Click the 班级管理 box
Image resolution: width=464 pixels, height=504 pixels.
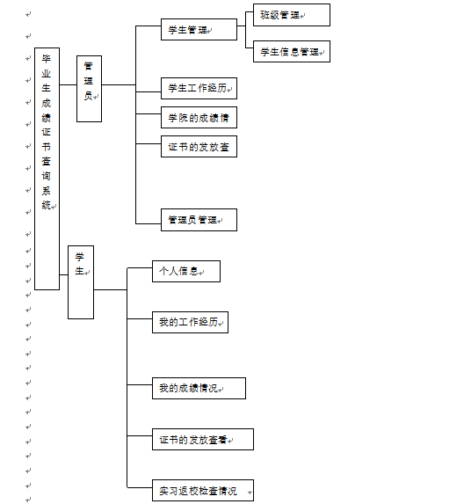pyautogui.click(x=292, y=15)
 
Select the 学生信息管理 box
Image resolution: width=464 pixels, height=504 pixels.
pyautogui.click(x=292, y=51)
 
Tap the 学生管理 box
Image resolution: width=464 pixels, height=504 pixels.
pyautogui.click(x=199, y=30)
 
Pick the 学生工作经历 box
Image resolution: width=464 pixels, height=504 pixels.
pyautogui.click(x=199, y=88)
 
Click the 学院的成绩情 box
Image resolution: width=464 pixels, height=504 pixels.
pyautogui.click(x=199, y=117)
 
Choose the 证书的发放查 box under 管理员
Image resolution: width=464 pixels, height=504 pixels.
pyautogui.click(x=199, y=147)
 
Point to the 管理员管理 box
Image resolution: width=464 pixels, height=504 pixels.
pyautogui.click(x=199, y=220)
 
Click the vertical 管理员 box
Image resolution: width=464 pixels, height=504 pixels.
pyautogui.click(x=89, y=89)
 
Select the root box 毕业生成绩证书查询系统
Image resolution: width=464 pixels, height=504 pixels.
pyautogui.click(x=47, y=169)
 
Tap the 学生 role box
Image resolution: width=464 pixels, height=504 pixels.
pyautogui.click(x=81, y=282)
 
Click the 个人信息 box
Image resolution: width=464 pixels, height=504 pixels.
pyautogui.click(x=186, y=271)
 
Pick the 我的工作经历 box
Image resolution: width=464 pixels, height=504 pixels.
pyautogui.click(x=190, y=322)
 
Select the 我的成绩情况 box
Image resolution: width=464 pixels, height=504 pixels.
pyautogui.click(x=199, y=388)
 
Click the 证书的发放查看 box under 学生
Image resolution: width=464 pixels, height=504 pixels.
pyautogui.click(x=203, y=440)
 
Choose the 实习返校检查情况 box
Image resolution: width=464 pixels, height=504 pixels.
pyautogui.click(x=203, y=491)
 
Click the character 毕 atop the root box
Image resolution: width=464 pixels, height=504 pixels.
pyautogui.click(x=47, y=59)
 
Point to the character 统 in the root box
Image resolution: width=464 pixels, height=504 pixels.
pyautogui.click(x=47, y=205)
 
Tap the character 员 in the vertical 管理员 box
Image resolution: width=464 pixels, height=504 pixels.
pyautogui.click(x=88, y=96)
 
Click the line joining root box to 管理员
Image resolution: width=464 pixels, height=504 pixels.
pyautogui.click(x=68, y=84)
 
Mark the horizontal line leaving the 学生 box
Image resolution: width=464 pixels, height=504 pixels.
pyautogui.click(x=111, y=289)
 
